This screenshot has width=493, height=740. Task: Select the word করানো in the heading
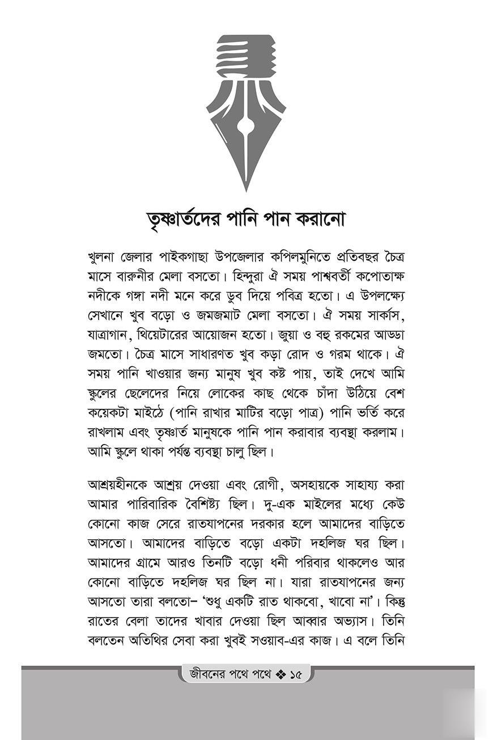(318, 218)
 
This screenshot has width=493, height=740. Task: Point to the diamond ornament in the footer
(280, 675)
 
